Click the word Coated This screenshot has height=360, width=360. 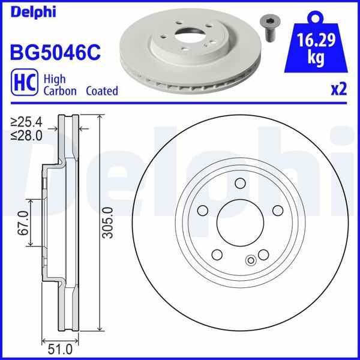101,91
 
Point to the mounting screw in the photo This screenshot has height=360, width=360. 268,27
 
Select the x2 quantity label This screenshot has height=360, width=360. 339,89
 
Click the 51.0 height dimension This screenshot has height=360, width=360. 58,347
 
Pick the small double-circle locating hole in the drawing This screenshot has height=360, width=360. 251,260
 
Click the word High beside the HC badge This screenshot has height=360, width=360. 55,79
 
